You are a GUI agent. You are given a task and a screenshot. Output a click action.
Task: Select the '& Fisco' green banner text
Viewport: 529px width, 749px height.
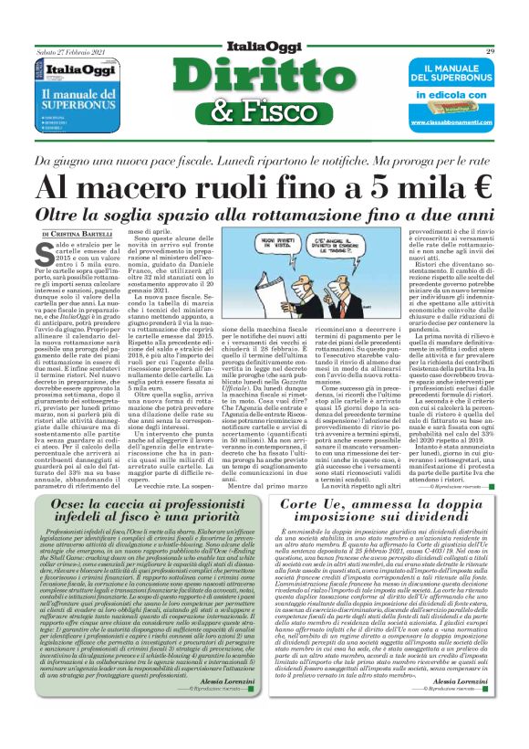(x=266, y=115)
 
